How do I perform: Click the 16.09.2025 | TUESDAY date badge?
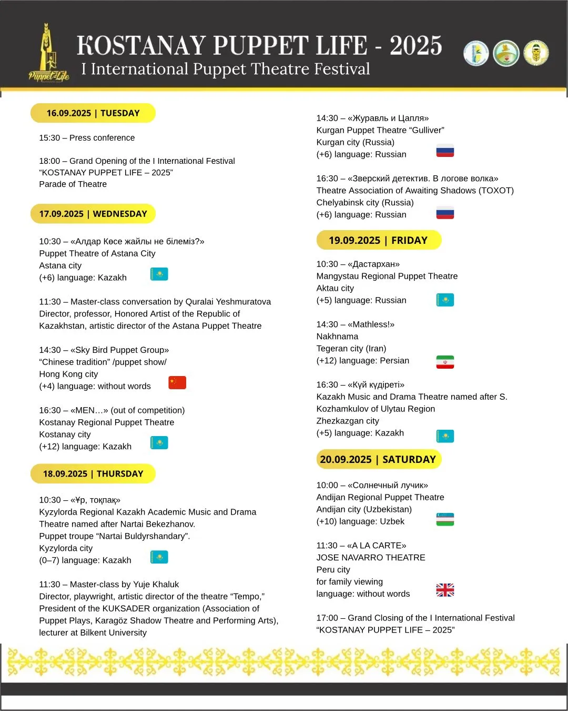[x=93, y=113]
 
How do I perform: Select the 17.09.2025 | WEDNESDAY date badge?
[x=93, y=214]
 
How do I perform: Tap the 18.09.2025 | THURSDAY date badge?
[x=93, y=473]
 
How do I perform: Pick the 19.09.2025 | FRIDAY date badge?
[x=378, y=240]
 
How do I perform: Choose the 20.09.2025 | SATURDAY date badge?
[x=378, y=459]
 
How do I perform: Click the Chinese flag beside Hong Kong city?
[x=177, y=383]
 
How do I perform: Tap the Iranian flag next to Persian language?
[x=445, y=362]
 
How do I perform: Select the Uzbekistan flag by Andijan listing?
[x=445, y=519]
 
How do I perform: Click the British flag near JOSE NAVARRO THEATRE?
[x=445, y=590]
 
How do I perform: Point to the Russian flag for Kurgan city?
[x=445, y=151]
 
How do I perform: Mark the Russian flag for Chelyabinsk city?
[x=445, y=212]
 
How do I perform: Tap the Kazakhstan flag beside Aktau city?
[x=445, y=300]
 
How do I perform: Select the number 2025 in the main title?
[x=415, y=46]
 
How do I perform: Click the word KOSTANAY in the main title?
[x=141, y=46]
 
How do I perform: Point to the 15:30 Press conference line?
[x=87, y=138]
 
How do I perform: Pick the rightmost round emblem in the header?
[x=536, y=53]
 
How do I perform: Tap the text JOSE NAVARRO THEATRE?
[x=371, y=558]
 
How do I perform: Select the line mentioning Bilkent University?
[x=93, y=633]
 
